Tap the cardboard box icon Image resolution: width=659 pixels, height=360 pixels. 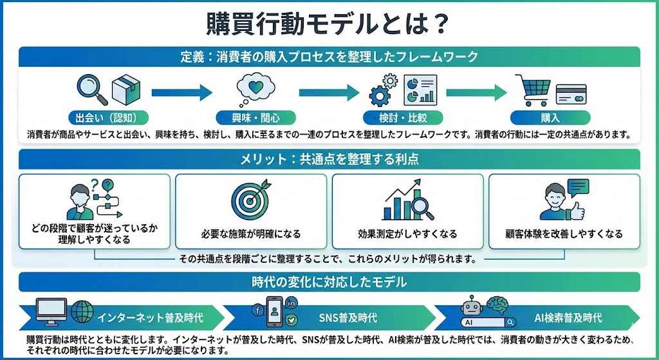125,90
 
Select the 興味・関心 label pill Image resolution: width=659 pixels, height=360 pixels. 256,118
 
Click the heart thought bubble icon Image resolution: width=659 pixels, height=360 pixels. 255,90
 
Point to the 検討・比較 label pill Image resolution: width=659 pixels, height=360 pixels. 403,118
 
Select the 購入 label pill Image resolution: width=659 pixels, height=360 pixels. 550,118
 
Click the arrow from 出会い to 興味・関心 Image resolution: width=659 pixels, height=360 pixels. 183,91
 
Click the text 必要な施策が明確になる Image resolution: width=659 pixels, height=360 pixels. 250,234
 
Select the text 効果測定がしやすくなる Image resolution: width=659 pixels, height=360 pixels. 407,234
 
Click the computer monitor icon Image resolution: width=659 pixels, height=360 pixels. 52,312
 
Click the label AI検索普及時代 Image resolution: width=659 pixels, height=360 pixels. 568,318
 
